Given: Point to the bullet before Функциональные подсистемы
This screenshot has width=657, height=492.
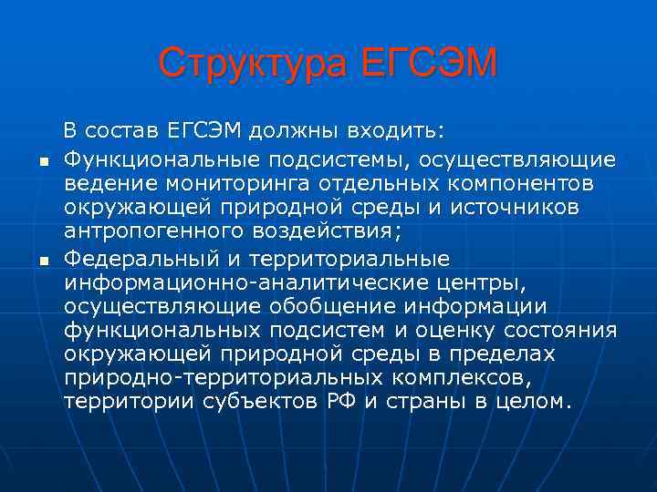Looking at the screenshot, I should point(42,162).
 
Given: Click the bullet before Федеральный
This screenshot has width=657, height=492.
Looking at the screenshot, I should point(42,261).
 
